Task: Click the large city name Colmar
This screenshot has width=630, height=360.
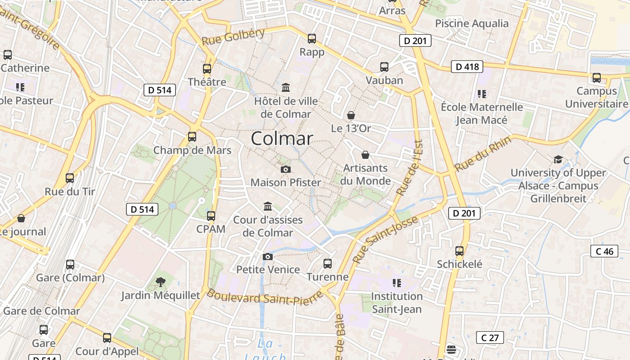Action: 282,138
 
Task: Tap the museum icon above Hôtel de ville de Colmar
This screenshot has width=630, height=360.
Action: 286,87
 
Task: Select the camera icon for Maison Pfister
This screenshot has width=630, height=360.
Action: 285,169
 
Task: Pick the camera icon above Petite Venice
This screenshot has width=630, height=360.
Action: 268,256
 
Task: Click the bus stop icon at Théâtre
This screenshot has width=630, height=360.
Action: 207,69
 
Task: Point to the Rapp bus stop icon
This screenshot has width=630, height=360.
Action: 312,39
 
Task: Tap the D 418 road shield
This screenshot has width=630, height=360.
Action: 467,67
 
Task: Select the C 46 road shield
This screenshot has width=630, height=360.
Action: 604,251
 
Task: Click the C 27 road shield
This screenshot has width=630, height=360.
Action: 490,337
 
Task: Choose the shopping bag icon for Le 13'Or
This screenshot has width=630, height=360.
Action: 351,115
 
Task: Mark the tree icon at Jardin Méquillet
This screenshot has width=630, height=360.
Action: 160,282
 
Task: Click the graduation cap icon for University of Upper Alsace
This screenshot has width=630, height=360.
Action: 558,159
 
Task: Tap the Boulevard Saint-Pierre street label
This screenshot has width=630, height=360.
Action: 265,297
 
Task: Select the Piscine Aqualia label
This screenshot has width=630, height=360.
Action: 472,23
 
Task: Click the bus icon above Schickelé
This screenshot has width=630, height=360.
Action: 459,251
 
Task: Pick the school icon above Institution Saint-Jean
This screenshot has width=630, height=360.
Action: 396,283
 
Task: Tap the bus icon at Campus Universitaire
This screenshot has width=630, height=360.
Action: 597,77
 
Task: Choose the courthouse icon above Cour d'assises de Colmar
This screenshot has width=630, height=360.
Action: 268,206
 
